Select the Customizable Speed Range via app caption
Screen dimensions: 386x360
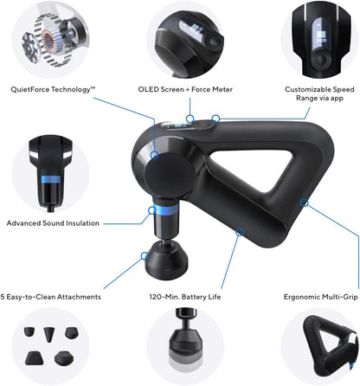(319, 93)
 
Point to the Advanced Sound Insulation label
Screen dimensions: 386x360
(54, 222)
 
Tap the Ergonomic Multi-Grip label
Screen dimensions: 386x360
(320, 297)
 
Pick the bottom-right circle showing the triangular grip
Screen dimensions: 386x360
(317, 346)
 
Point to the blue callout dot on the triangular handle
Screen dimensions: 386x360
(304, 203)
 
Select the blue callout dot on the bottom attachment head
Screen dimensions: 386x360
(145, 254)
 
